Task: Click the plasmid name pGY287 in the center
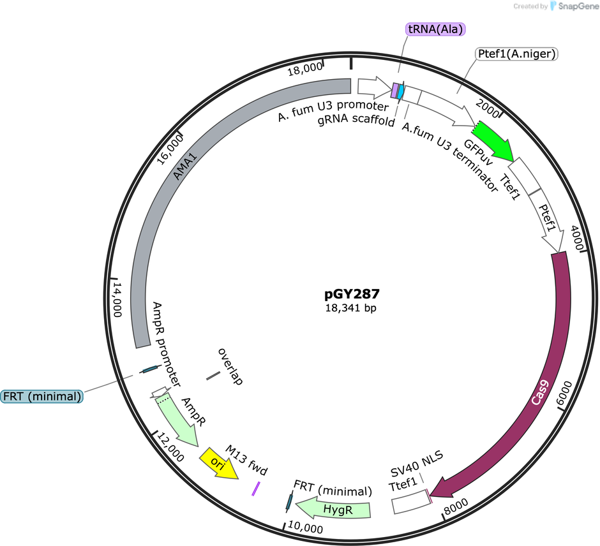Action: coord(352,294)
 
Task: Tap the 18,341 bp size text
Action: coord(351,308)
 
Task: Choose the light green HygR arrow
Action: coord(334,508)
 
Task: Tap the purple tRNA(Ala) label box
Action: coord(435,29)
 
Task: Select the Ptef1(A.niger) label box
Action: coord(516,54)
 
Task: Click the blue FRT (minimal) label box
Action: coord(42,397)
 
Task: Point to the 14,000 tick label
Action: coord(117,300)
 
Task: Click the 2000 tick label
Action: coord(488,108)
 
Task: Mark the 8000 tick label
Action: coord(456,506)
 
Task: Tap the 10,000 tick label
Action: coord(305,528)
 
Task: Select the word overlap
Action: coord(230,366)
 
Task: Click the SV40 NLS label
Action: coord(417,464)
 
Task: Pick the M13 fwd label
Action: coord(246,460)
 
